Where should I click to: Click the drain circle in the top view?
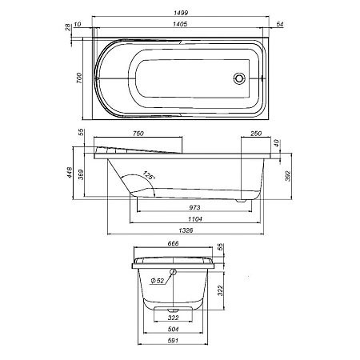point(238,78)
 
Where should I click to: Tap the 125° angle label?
point(148,174)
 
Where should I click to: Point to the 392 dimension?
point(289,178)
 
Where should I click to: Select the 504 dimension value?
point(174,330)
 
